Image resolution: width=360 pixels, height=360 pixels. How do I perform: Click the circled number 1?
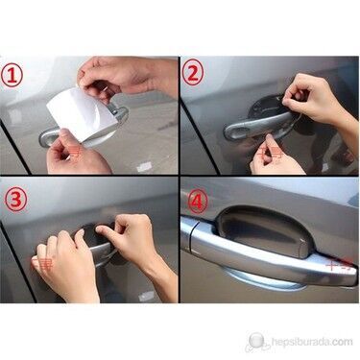click(x=12, y=77)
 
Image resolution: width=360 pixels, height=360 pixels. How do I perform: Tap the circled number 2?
click(x=193, y=73)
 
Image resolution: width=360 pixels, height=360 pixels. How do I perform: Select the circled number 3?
click(x=15, y=200)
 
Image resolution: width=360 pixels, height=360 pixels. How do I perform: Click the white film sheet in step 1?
click(x=83, y=112)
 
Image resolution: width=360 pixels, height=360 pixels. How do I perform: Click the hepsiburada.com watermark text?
click(x=312, y=342)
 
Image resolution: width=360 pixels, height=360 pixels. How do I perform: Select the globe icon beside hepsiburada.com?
click(x=257, y=340)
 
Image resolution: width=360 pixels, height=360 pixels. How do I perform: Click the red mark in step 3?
click(x=42, y=263)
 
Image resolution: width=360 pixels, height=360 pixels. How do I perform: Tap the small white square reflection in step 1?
click(x=144, y=166)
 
